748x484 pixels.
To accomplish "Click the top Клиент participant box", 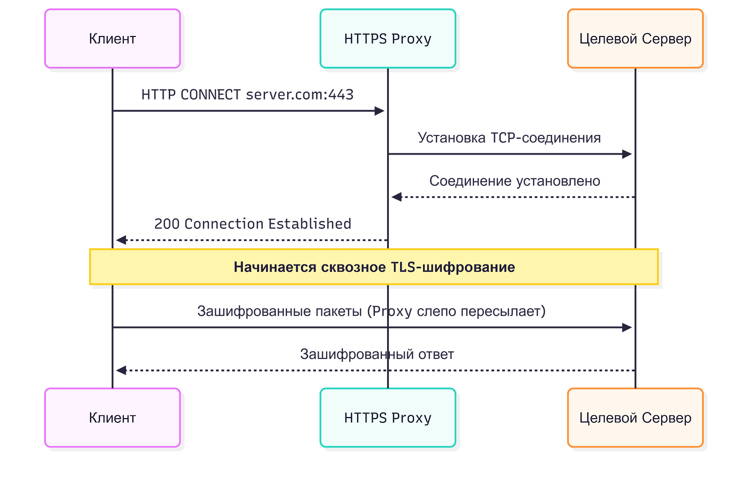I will [112, 38].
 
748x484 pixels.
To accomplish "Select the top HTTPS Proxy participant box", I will [388, 38].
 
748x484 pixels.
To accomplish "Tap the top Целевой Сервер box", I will [635, 38].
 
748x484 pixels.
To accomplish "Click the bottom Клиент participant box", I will [112, 418].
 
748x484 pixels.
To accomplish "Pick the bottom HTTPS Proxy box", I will [388, 418].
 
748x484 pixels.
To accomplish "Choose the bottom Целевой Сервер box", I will [635, 418].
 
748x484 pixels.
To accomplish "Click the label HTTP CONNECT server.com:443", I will [247, 95].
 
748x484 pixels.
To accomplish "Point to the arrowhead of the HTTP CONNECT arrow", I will [380, 111].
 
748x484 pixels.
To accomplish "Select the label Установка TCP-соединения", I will [509, 138].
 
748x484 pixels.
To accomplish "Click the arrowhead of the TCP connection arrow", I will [627, 154].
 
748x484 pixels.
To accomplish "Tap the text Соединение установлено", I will [515, 181].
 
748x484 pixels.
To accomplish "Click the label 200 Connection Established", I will [252, 224].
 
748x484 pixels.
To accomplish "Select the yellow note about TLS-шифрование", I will [374, 267].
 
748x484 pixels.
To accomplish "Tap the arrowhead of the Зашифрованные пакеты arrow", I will [627, 327].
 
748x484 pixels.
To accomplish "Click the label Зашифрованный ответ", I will [377, 354].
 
